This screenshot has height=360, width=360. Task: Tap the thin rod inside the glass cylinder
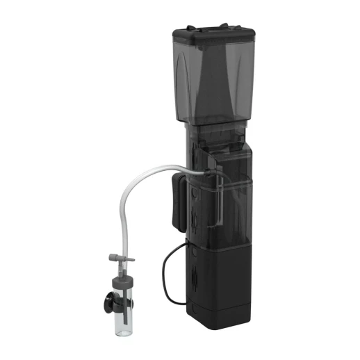[126, 313]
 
